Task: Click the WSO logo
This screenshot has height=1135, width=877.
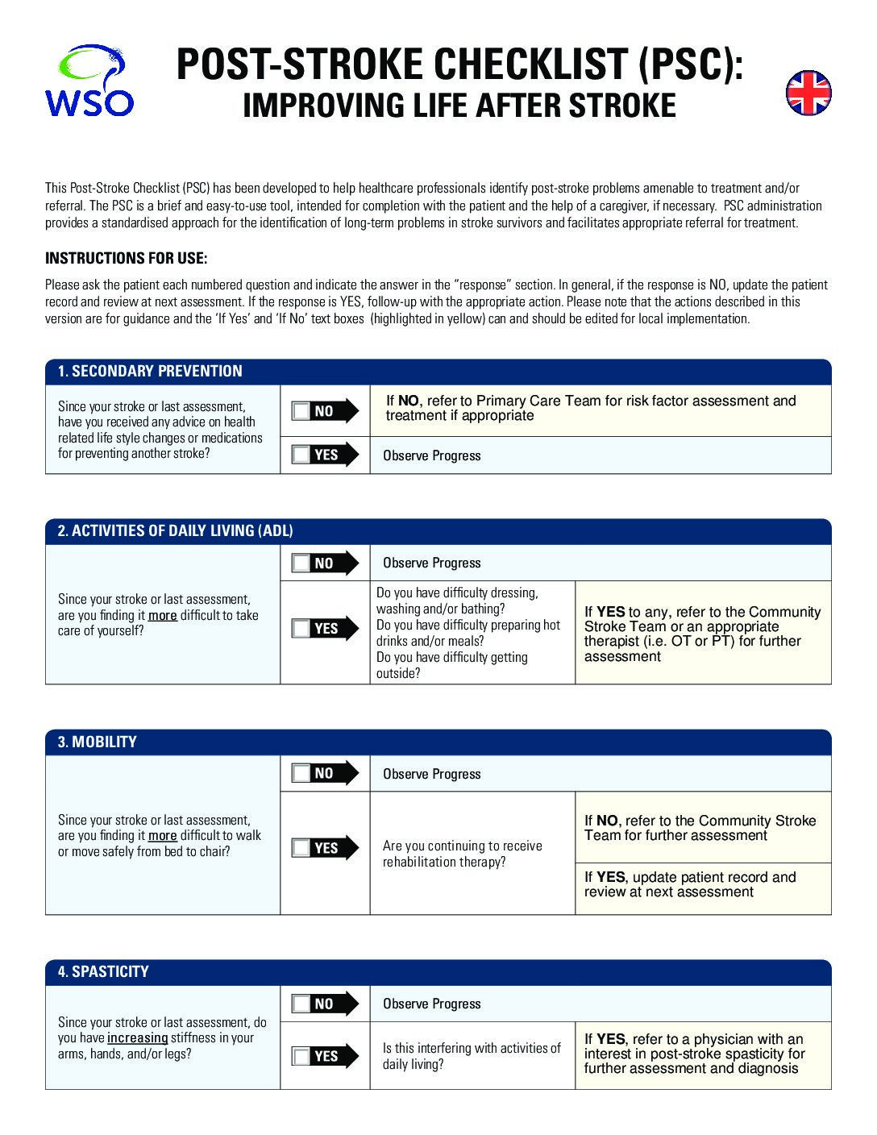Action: click(x=89, y=81)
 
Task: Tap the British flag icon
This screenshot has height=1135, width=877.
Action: click(x=808, y=93)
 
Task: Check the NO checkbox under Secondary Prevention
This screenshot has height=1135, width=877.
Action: click(x=301, y=411)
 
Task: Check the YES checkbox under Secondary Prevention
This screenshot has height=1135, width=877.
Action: click(x=301, y=455)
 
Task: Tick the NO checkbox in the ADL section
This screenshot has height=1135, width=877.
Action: click(x=301, y=563)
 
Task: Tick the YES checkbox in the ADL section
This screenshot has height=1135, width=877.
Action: click(x=301, y=628)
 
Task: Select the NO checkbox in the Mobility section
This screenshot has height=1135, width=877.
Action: click(x=301, y=774)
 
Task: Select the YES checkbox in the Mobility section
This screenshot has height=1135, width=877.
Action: click(x=301, y=848)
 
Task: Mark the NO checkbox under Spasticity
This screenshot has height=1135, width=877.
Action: click(x=301, y=1004)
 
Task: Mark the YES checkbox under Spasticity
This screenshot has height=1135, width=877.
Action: click(x=301, y=1056)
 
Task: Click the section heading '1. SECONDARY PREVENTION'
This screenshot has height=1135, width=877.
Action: click(x=150, y=372)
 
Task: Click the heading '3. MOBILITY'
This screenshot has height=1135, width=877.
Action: click(x=97, y=742)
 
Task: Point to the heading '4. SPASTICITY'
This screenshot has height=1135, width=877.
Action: click(x=103, y=972)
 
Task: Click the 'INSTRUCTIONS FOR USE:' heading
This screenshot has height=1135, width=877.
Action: click(x=126, y=259)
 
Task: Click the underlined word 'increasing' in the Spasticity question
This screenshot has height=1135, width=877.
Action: click(x=137, y=1038)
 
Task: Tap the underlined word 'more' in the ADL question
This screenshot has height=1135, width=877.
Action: click(x=162, y=615)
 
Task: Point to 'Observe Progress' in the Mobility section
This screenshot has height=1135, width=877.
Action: click(x=431, y=774)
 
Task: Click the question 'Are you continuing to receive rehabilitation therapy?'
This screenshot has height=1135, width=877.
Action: click(x=462, y=854)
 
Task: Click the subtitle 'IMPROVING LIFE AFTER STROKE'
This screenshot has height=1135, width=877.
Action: click(x=459, y=106)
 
